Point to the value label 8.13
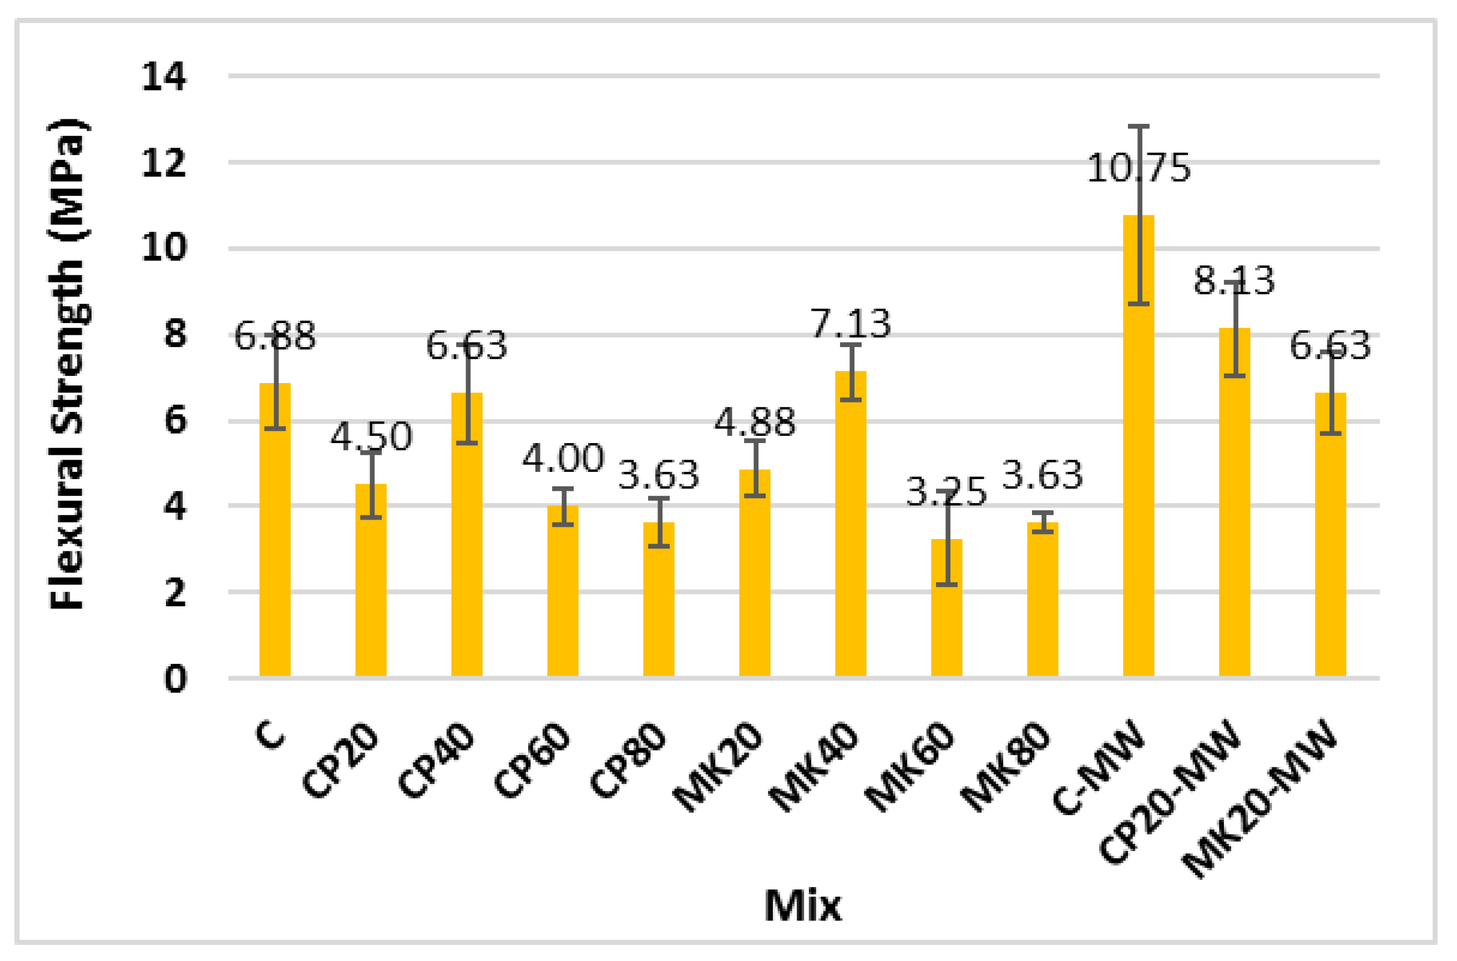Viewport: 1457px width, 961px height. [x=1233, y=281]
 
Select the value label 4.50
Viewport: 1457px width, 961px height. [x=371, y=436]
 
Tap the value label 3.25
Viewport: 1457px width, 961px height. [x=946, y=491]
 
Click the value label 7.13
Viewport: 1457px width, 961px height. [x=850, y=324]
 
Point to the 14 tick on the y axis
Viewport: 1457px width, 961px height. [x=164, y=77]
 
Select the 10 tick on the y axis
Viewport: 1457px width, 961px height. [x=164, y=248]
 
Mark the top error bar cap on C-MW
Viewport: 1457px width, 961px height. [x=1138, y=126]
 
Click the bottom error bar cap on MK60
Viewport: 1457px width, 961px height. [x=946, y=585]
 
